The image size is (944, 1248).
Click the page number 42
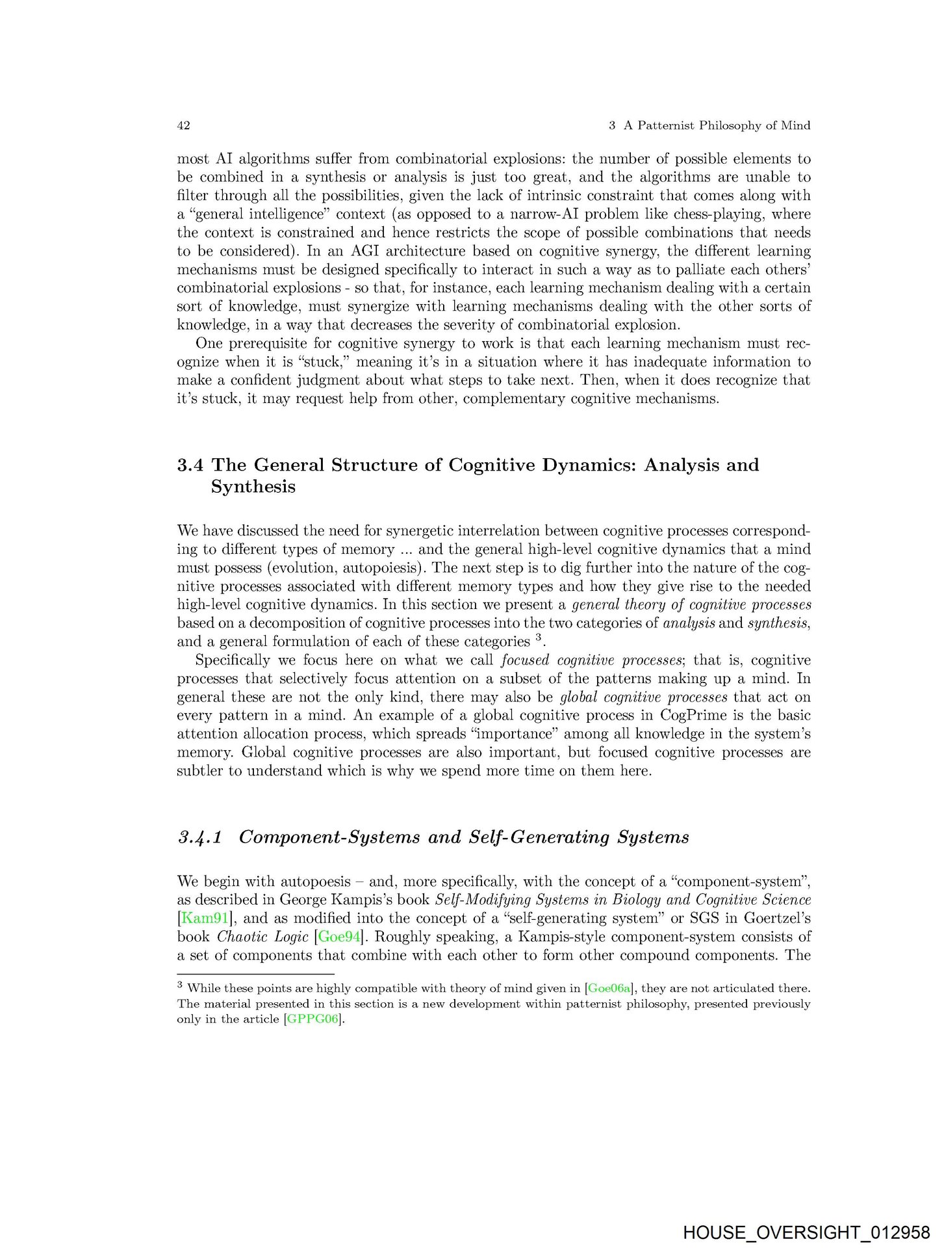[183, 125]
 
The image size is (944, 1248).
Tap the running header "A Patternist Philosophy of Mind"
[717, 125]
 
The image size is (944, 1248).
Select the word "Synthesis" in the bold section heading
[253, 487]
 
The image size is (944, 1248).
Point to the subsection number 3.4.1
[200, 837]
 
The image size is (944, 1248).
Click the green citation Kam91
[203, 918]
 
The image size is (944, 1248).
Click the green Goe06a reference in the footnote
[609, 989]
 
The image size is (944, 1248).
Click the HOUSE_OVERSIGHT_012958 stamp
[806, 1232]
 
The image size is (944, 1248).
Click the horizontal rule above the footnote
[255, 974]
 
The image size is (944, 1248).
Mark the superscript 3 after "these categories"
[539, 638]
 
